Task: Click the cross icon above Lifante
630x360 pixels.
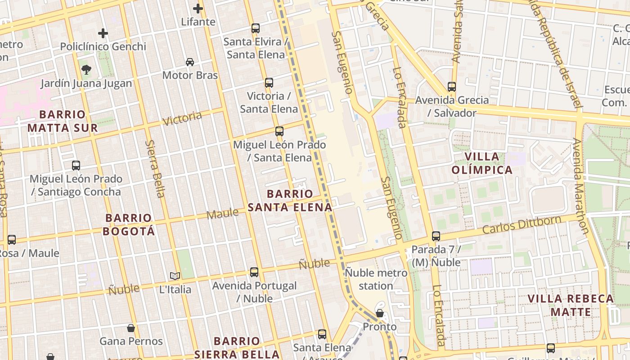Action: coord(198,8)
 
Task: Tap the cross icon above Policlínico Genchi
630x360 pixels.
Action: coord(103,33)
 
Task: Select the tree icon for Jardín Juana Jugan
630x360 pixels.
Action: coord(86,69)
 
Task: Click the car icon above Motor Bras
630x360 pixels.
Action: coord(190,62)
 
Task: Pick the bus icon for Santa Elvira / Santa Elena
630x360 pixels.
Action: coord(256,28)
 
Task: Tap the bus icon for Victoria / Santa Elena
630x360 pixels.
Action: coord(269,82)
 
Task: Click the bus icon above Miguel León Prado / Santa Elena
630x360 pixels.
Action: coord(279,131)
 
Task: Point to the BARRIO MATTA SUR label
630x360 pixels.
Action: coord(63,121)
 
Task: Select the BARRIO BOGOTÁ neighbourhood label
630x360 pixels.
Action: coord(129,225)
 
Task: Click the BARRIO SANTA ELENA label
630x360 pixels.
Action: coord(290,201)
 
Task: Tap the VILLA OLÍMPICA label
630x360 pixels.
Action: coord(482,163)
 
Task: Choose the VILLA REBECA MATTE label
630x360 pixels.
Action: coord(571,305)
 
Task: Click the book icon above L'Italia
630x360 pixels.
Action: coord(175,276)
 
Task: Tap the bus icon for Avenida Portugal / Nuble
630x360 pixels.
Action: coord(254,272)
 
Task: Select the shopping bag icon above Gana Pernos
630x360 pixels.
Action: coord(131,328)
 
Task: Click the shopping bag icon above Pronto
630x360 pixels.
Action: coord(380,313)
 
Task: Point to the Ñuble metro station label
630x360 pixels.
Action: coord(376,279)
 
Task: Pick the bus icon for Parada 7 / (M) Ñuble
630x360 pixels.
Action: coord(436,236)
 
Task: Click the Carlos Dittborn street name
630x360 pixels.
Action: coord(522,225)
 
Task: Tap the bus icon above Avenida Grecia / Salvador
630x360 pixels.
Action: coord(452,86)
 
